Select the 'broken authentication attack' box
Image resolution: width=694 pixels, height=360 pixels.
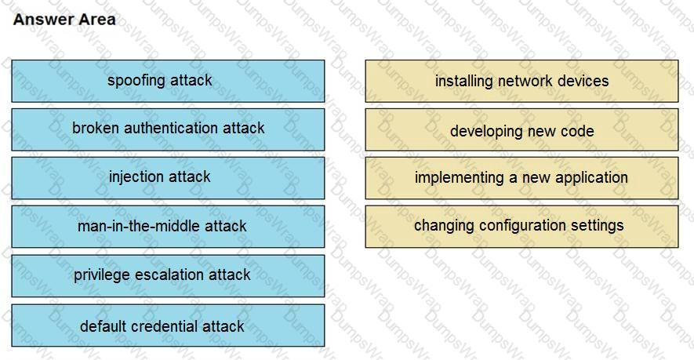point(168,129)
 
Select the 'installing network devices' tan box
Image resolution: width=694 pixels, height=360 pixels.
point(521,81)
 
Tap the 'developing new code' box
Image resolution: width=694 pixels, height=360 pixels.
point(521,131)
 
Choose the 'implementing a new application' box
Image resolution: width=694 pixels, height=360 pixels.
point(521,178)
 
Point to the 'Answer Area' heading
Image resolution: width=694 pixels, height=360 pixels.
point(64,20)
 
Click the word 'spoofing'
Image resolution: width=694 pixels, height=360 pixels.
point(136,81)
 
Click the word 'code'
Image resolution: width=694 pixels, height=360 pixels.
point(577,131)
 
